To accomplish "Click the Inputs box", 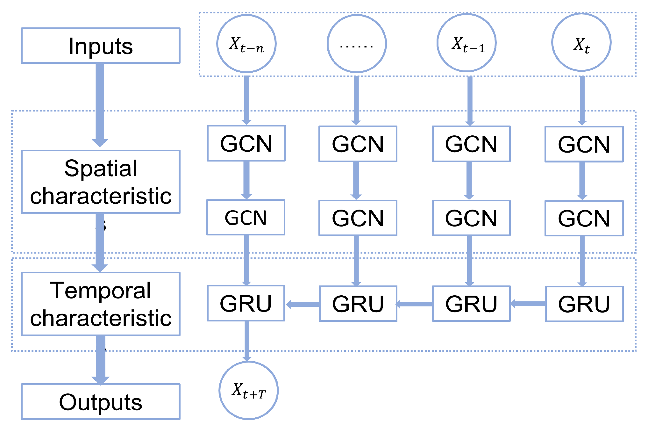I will [101, 46].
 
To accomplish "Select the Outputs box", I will [101, 401].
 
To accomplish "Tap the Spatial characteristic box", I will [101, 182].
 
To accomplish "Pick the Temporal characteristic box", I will [101, 304].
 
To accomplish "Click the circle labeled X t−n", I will [246, 43].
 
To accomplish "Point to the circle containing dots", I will [357, 44].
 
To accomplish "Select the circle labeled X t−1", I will [466, 43].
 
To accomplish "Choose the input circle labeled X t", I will [581, 42].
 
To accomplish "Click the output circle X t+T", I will [249, 390].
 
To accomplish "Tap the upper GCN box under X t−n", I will [246, 143].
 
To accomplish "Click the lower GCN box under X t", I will [584, 218].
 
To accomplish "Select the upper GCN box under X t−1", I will [471, 144].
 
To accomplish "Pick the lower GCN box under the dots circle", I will [358, 218].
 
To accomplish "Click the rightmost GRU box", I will [584, 304].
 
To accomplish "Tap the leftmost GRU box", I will [246, 303].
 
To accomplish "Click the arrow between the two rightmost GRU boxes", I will [528, 304].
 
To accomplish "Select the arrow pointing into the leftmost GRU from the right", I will [303, 305].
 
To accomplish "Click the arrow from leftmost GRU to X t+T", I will [247, 341].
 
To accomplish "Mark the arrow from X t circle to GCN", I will [582, 100].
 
